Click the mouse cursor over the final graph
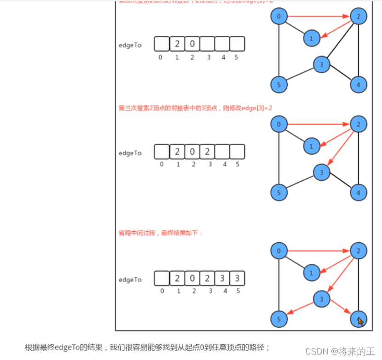361,321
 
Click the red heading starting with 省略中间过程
160,233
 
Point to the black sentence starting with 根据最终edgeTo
147,347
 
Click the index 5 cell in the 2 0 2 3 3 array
237,278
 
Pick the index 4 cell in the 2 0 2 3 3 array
222,278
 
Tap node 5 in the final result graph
279,318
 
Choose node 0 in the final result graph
279,251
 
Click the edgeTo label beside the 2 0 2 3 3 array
130,280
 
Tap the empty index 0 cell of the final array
162,278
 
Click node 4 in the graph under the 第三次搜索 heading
358,192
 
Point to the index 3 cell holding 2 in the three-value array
207,151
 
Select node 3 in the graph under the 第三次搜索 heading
321,172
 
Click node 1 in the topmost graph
311,38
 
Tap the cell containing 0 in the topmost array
192,44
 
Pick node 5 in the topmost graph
279,85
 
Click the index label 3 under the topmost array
208,57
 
